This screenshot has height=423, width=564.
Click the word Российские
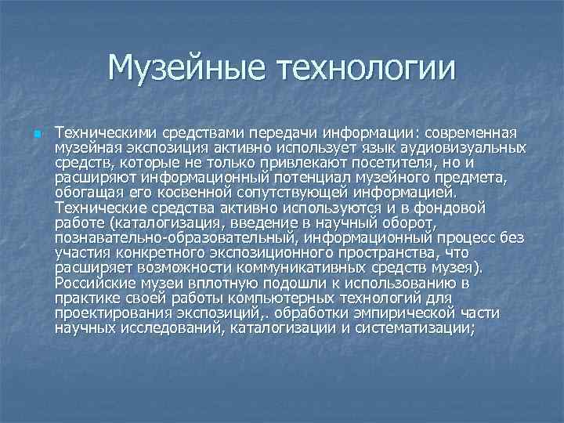coord(93,282)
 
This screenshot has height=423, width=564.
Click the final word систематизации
coord(414,327)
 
